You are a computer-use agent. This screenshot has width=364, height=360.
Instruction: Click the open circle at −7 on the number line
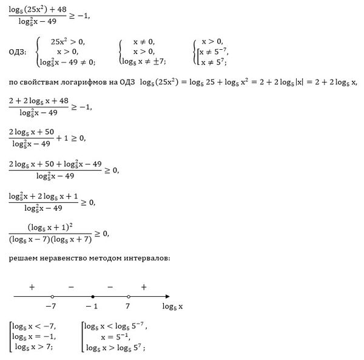tap(53, 296)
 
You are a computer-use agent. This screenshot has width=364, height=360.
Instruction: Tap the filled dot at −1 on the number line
tap(92, 296)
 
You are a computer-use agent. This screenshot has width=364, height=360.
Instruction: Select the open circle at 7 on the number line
tap(128, 296)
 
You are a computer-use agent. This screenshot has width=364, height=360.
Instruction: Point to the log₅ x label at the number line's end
tap(172, 307)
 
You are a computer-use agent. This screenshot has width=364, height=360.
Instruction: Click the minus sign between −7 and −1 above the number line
tap(71, 285)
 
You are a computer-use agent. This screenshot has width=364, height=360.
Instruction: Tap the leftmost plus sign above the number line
tap(30, 285)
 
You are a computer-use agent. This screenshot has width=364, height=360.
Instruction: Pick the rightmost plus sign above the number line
tap(144, 285)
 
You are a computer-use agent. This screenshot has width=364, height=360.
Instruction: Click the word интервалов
tap(145, 259)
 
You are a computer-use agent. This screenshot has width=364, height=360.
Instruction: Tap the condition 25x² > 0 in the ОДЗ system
tap(67, 41)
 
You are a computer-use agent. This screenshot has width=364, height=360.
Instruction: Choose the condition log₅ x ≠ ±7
tap(144, 62)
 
